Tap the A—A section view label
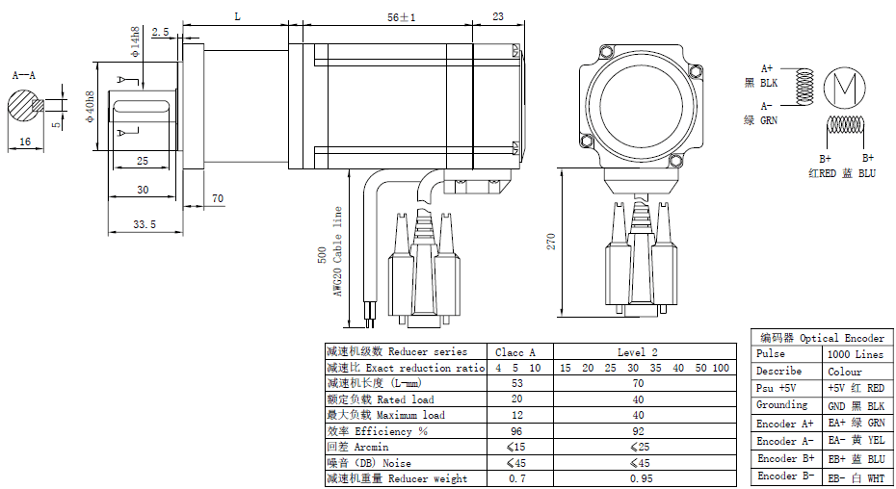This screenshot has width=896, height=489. (24, 74)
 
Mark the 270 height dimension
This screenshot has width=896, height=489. (551, 241)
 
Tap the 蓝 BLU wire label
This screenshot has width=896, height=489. (858, 173)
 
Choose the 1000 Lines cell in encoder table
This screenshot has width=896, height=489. (855, 354)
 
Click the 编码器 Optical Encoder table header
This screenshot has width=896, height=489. (822, 338)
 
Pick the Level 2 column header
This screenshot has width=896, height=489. (638, 352)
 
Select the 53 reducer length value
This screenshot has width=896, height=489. (515, 383)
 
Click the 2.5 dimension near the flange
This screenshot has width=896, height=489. (160, 32)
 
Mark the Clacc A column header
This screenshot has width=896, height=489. (515, 352)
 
